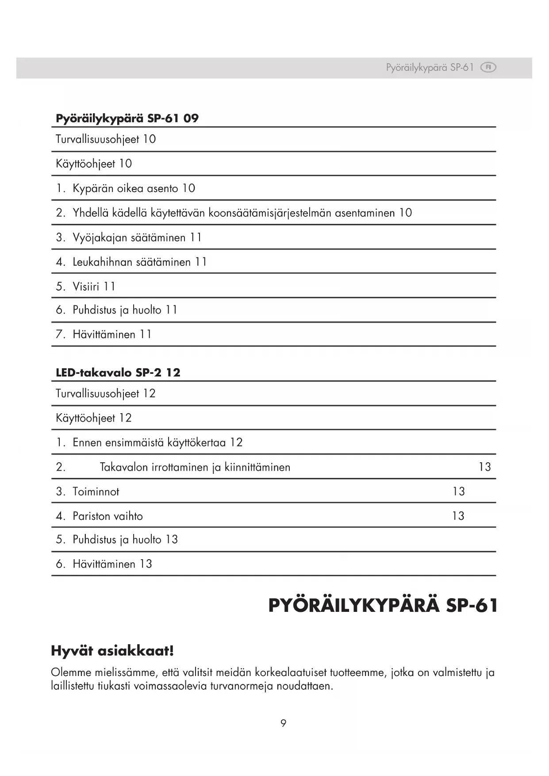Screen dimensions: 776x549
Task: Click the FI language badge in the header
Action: (488, 68)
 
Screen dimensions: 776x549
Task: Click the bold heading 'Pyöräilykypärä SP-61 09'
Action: (127, 119)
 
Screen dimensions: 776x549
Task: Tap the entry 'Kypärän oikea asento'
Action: (126, 188)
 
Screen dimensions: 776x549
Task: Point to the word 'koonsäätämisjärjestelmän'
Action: (270, 213)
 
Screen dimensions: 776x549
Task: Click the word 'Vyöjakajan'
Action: (100, 238)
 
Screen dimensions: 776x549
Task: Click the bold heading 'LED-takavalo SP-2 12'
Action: (118, 373)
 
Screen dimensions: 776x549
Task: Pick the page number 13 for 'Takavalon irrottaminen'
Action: (485, 467)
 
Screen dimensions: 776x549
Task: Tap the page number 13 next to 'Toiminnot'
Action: (459, 492)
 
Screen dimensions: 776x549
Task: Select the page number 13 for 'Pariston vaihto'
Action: (458, 516)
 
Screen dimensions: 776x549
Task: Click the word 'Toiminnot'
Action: (96, 492)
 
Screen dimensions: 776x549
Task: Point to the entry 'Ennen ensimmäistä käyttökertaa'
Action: (149, 443)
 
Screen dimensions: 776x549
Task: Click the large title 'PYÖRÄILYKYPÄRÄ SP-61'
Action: (383, 606)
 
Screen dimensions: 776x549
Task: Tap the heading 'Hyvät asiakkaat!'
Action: (112, 651)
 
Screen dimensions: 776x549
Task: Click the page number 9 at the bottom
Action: (283, 723)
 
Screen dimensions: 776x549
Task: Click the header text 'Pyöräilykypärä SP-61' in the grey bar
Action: (430, 68)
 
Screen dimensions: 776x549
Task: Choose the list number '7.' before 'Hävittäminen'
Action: (61, 334)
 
